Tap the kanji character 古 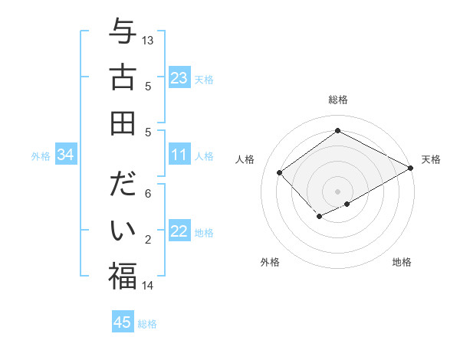click(x=123, y=77)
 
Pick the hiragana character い click(x=123, y=231)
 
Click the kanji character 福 click(x=123, y=276)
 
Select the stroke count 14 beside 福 click(x=148, y=286)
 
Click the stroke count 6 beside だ click(x=148, y=195)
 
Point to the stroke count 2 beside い click(x=148, y=240)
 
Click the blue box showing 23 click(x=179, y=78)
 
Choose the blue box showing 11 click(x=179, y=155)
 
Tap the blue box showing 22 click(x=179, y=232)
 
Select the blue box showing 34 click(x=66, y=155)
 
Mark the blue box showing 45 click(x=123, y=322)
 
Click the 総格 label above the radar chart click(x=337, y=100)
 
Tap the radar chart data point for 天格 click(x=412, y=169)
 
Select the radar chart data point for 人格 click(x=280, y=173)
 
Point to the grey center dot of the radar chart click(x=337, y=190)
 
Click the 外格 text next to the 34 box click(x=41, y=156)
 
